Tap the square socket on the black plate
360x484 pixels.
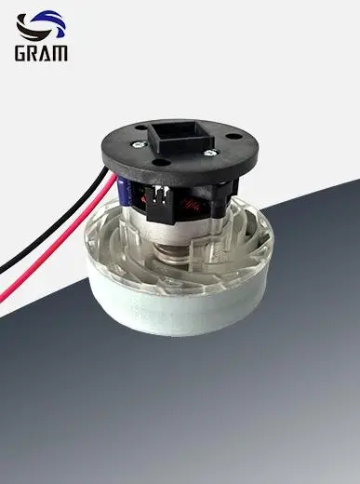click(x=177, y=140)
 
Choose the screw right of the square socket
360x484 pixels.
click(x=213, y=151)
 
